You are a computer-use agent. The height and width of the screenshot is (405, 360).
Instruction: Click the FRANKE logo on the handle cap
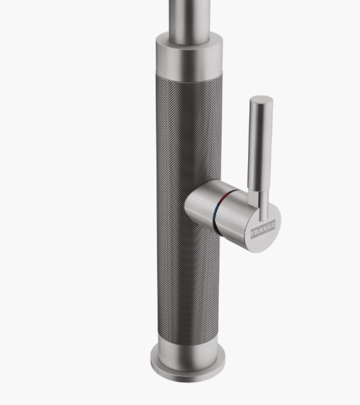pos(263,230)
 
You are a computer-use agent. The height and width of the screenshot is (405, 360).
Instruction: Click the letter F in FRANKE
pos(254,235)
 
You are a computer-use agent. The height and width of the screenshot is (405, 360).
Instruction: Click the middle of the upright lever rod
pos(260,147)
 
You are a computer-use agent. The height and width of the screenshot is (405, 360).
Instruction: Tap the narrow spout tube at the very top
pos(188,15)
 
